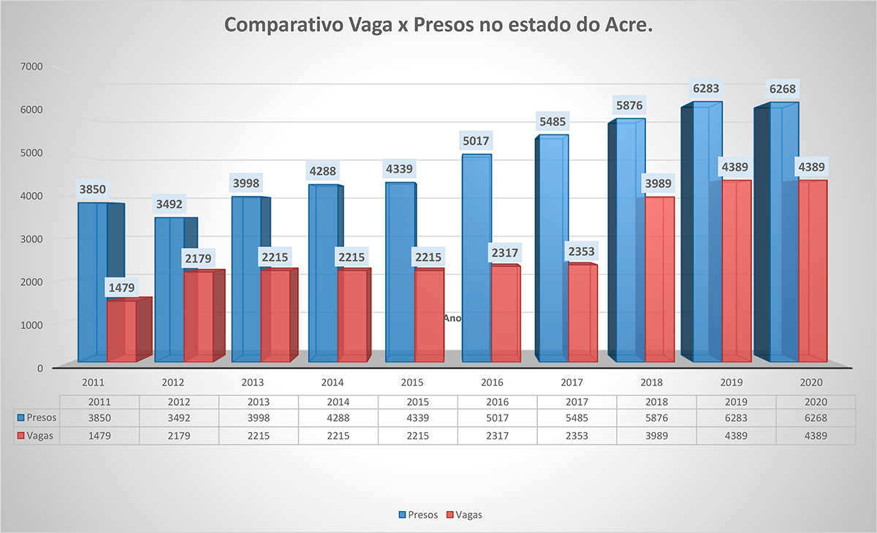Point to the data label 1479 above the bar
pos(121,287)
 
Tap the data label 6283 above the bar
pos(706,89)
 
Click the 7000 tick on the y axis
pos(33,67)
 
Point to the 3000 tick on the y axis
pos(33,238)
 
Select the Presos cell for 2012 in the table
pos(179,417)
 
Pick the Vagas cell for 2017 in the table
pos(577,434)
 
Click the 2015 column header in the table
pos(417,402)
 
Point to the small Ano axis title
pos(452,318)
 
